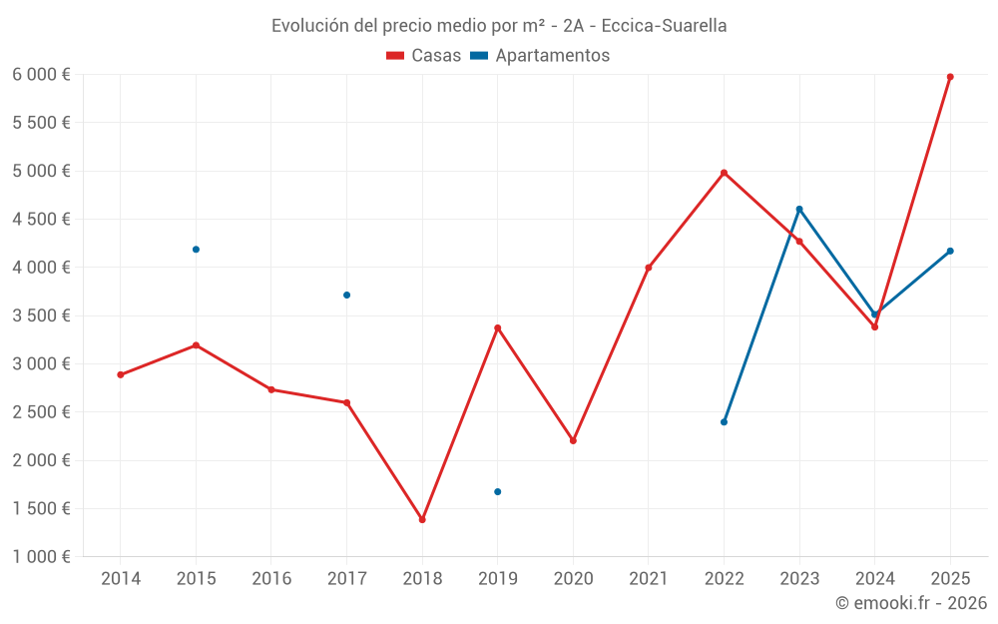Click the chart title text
(499, 25)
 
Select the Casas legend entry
(424, 56)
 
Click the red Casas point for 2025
(950, 77)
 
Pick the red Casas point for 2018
(422, 519)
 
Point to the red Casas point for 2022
(724, 173)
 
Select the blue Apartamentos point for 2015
(196, 250)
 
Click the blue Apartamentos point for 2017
(346, 295)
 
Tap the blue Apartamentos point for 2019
(497, 491)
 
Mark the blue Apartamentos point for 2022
(724, 421)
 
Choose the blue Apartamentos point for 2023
(799, 209)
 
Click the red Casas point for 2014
(121, 374)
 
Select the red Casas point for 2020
(573, 440)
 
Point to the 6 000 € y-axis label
(41, 74)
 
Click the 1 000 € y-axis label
(41, 556)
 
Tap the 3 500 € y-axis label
(41, 315)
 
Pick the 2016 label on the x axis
(271, 578)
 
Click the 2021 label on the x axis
(648, 578)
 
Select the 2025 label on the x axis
(950, 578)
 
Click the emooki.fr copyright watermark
(910, 603)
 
